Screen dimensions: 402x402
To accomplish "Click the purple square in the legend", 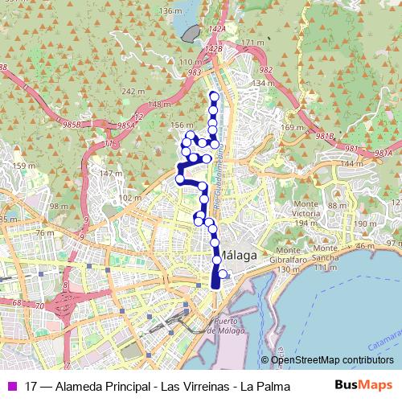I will tap(10, 384).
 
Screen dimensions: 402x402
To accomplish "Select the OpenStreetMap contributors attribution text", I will tap(333, 360).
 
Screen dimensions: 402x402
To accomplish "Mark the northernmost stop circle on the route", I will tap(213, 96).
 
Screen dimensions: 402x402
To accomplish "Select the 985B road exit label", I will tap(74, 125).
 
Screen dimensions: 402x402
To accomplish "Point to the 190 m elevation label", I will tap(365, 224).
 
